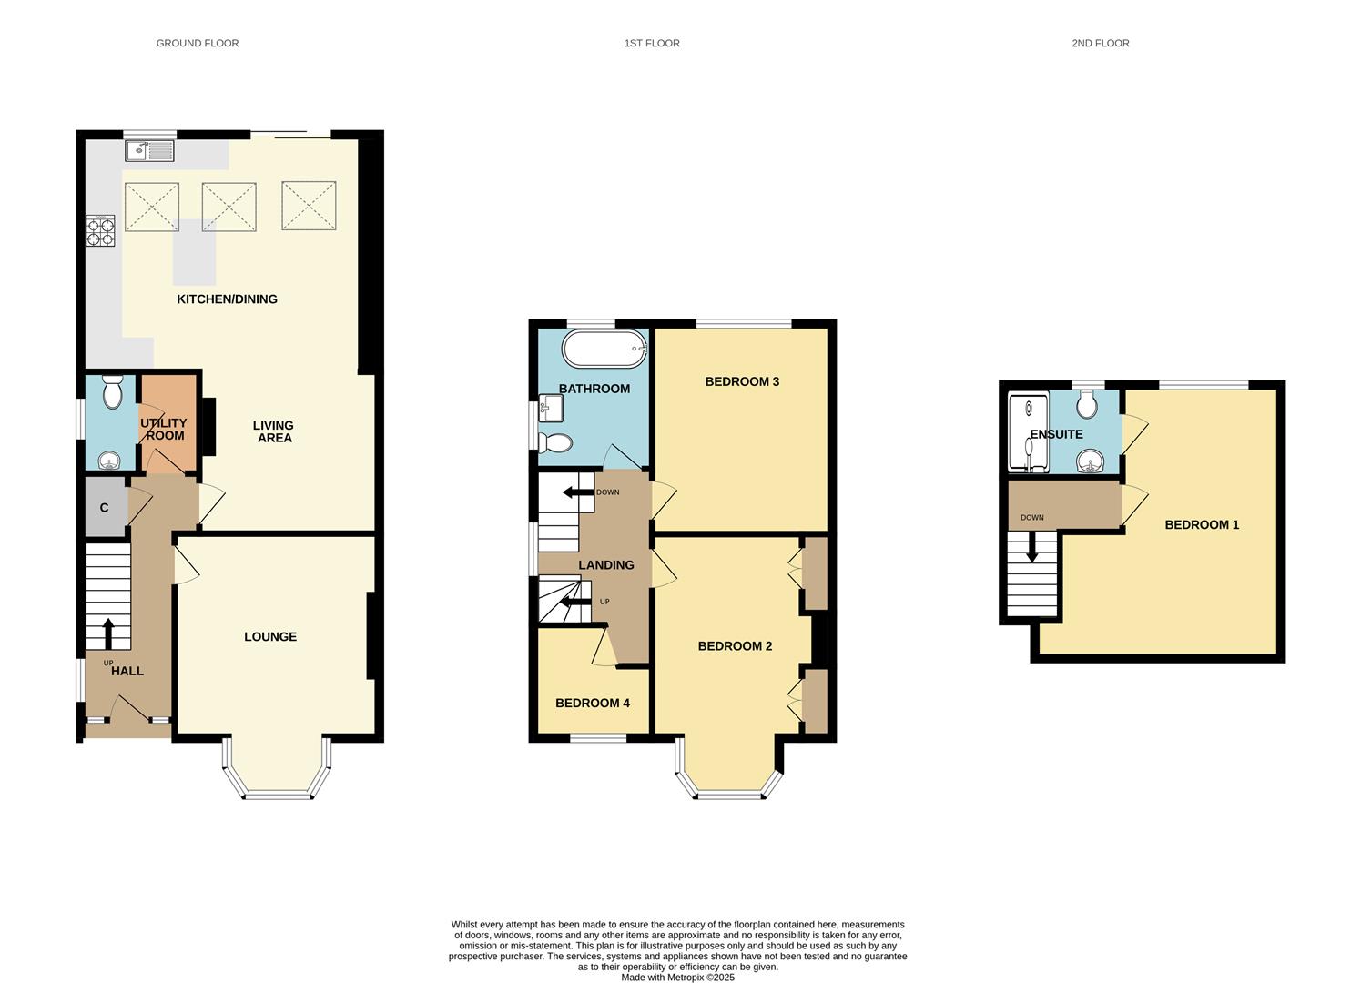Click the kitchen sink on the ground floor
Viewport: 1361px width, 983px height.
click(x=149, y=151)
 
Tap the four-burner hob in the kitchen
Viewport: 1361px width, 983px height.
click(x=100, y=231)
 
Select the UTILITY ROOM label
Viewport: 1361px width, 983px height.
click(x=164, y=429)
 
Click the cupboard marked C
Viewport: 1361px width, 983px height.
click(x=105, y=507)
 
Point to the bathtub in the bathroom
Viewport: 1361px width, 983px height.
click(x=604, y=349)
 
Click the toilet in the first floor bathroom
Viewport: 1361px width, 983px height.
click(x=554, y=443)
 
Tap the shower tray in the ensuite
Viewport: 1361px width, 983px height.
click(x=1028, y=432)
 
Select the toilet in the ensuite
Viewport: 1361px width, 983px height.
click(x=1085, y=401)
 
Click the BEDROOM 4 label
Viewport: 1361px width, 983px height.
click(x=593, y=703)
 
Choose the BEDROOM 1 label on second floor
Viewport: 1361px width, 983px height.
click(x=1202, y=524)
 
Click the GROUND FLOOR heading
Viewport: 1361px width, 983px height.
click(x=198, y=43)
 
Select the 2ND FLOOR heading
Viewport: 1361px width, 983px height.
click(x=1100, y=43)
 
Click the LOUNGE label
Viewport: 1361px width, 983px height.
click(x=270, y=636)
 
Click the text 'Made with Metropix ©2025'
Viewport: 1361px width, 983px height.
click(x=677, y=978)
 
